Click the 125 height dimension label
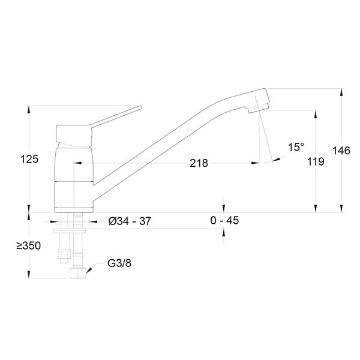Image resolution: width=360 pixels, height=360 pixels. coord(29,159)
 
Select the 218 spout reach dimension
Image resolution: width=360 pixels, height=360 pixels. coord(199,163)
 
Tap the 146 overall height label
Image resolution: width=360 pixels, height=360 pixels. coord(341,151)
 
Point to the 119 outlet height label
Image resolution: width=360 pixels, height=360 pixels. coord(316,161)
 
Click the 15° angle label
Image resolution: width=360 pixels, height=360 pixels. coord(296,147)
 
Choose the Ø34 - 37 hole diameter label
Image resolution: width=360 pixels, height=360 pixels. coord(130,221)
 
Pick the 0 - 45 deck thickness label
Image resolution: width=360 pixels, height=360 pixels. coord(224,220)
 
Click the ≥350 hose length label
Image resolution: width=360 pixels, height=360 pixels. coord(29,245)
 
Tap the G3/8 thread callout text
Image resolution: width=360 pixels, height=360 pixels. coord(119,263)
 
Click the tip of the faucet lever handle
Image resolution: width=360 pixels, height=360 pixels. coord(140,107)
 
